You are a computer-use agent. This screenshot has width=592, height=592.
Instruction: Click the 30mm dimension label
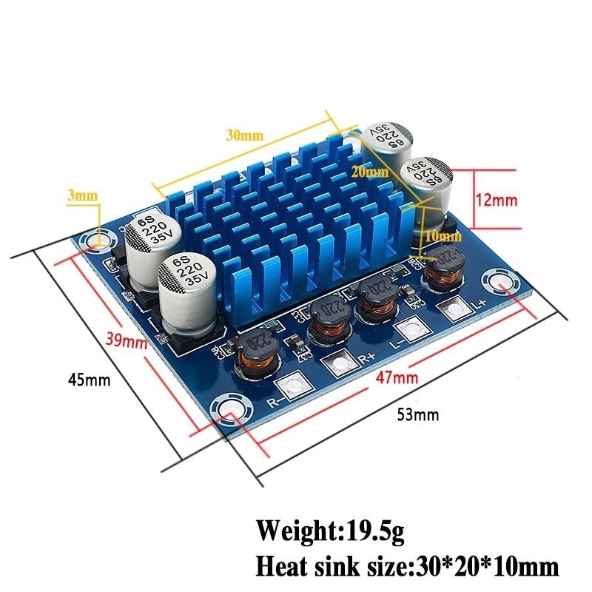[244, 135]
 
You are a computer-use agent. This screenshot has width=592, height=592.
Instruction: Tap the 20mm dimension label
[370, 172]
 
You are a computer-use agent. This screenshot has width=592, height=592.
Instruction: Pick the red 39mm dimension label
[124, 341]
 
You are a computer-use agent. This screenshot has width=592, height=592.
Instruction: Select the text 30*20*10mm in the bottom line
[484, 567]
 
